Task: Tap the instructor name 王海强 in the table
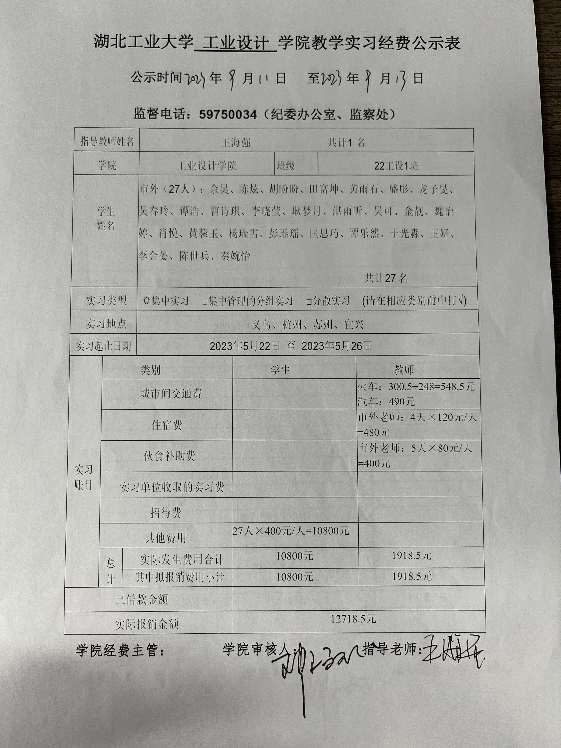click(x=236, y=142)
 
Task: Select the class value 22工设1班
click(x=396, y=166)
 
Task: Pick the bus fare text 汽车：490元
click(x=386, y=402)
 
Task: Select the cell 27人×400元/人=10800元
click(x=291, y=531)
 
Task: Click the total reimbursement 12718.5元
click(x=353, y=619)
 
